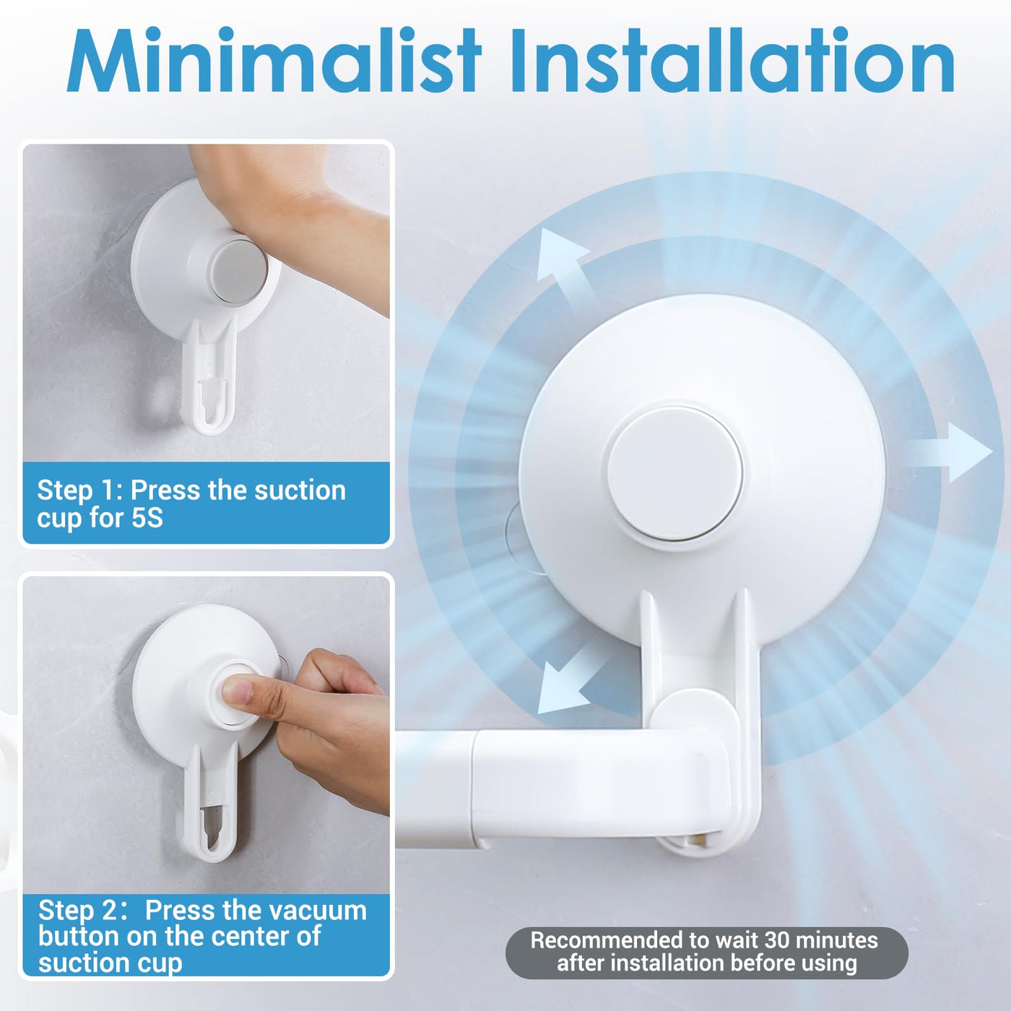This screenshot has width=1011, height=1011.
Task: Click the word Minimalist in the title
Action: click(274, 60)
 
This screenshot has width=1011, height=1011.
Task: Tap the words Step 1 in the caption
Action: click(78, 491)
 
